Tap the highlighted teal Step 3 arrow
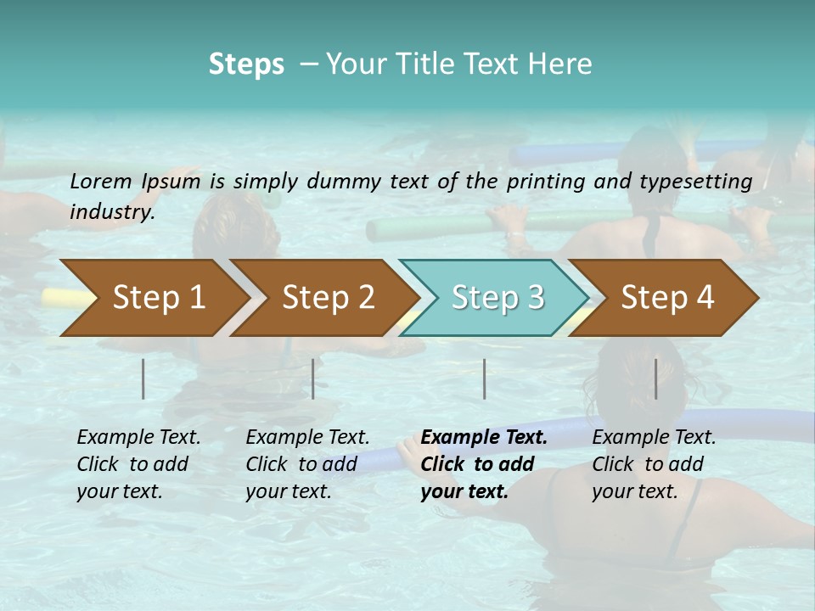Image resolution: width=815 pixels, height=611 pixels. click(497, 298)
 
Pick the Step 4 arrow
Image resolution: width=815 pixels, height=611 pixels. click(667, 298)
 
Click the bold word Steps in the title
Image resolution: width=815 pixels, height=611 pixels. click(246, 64)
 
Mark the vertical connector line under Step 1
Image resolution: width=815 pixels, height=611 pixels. click(143, 378)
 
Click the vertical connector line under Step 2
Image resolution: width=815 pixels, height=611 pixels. click(313, 378)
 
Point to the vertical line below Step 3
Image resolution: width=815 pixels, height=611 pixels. click(484, 378)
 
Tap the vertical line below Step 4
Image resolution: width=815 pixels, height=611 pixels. click(655, 378)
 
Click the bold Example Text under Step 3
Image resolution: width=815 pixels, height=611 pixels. click(484, 438)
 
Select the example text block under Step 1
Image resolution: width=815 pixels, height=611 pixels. click(138, 464)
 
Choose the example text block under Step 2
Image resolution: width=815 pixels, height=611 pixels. click(307, 464)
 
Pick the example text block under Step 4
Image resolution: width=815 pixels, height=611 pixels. click(654, 464)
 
